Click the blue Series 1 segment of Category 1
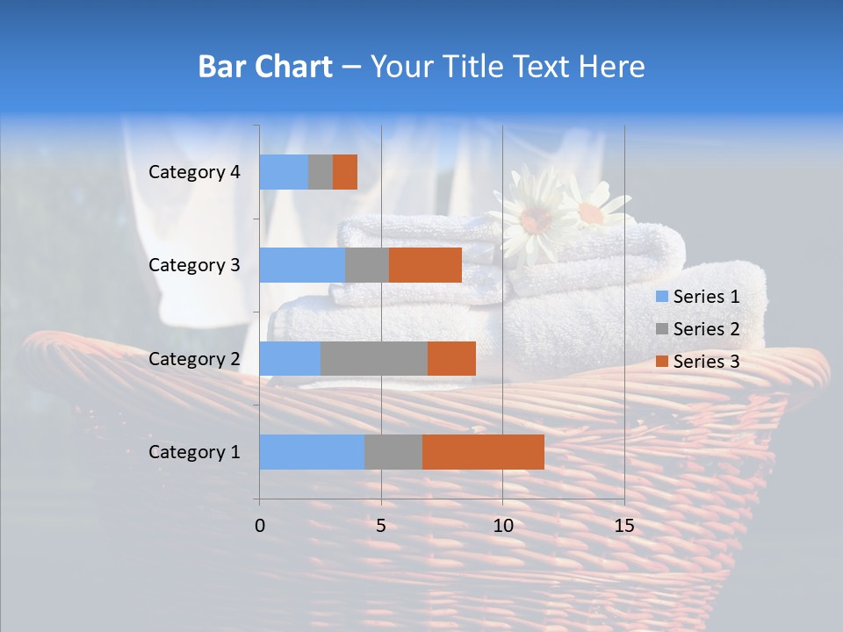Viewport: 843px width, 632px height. (x=312, y=452)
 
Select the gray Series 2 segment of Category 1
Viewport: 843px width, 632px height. (x=393, y=452)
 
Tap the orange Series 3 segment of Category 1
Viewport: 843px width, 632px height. (x=483, y=452)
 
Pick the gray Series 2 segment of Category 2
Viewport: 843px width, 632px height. (x=374, y=358)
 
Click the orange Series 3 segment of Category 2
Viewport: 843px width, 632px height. (x=451, y=358)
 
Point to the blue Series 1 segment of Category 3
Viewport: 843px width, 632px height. (x=302, y=265)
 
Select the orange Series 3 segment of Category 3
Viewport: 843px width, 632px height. (x=425, y=265)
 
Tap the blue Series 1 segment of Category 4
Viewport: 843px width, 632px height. (x=284, y=172)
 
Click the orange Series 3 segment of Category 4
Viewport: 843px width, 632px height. (x=345, y=172)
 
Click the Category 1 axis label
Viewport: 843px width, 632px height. (x=194, y=452)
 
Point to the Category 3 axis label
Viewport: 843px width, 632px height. (x=194, y=265)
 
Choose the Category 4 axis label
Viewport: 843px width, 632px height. (x=194, y=172)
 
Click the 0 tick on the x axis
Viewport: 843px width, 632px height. (x=260, y=526)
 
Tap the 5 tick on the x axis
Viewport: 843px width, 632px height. (x=381, y=526)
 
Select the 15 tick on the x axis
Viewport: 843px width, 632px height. (x=624, y=526)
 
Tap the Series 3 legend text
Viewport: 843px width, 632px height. (x=706, y=362)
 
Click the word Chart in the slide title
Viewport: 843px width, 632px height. (x=298, y=67)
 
